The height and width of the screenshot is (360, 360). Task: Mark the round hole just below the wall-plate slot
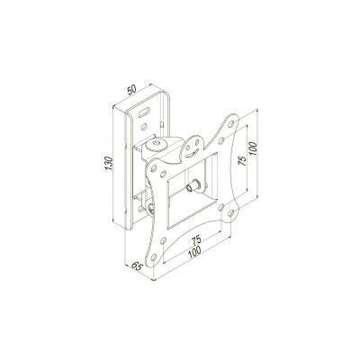(147, 127)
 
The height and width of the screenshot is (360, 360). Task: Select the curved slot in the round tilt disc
(190, 144)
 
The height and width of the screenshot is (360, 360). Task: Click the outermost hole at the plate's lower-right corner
(237, 212)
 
